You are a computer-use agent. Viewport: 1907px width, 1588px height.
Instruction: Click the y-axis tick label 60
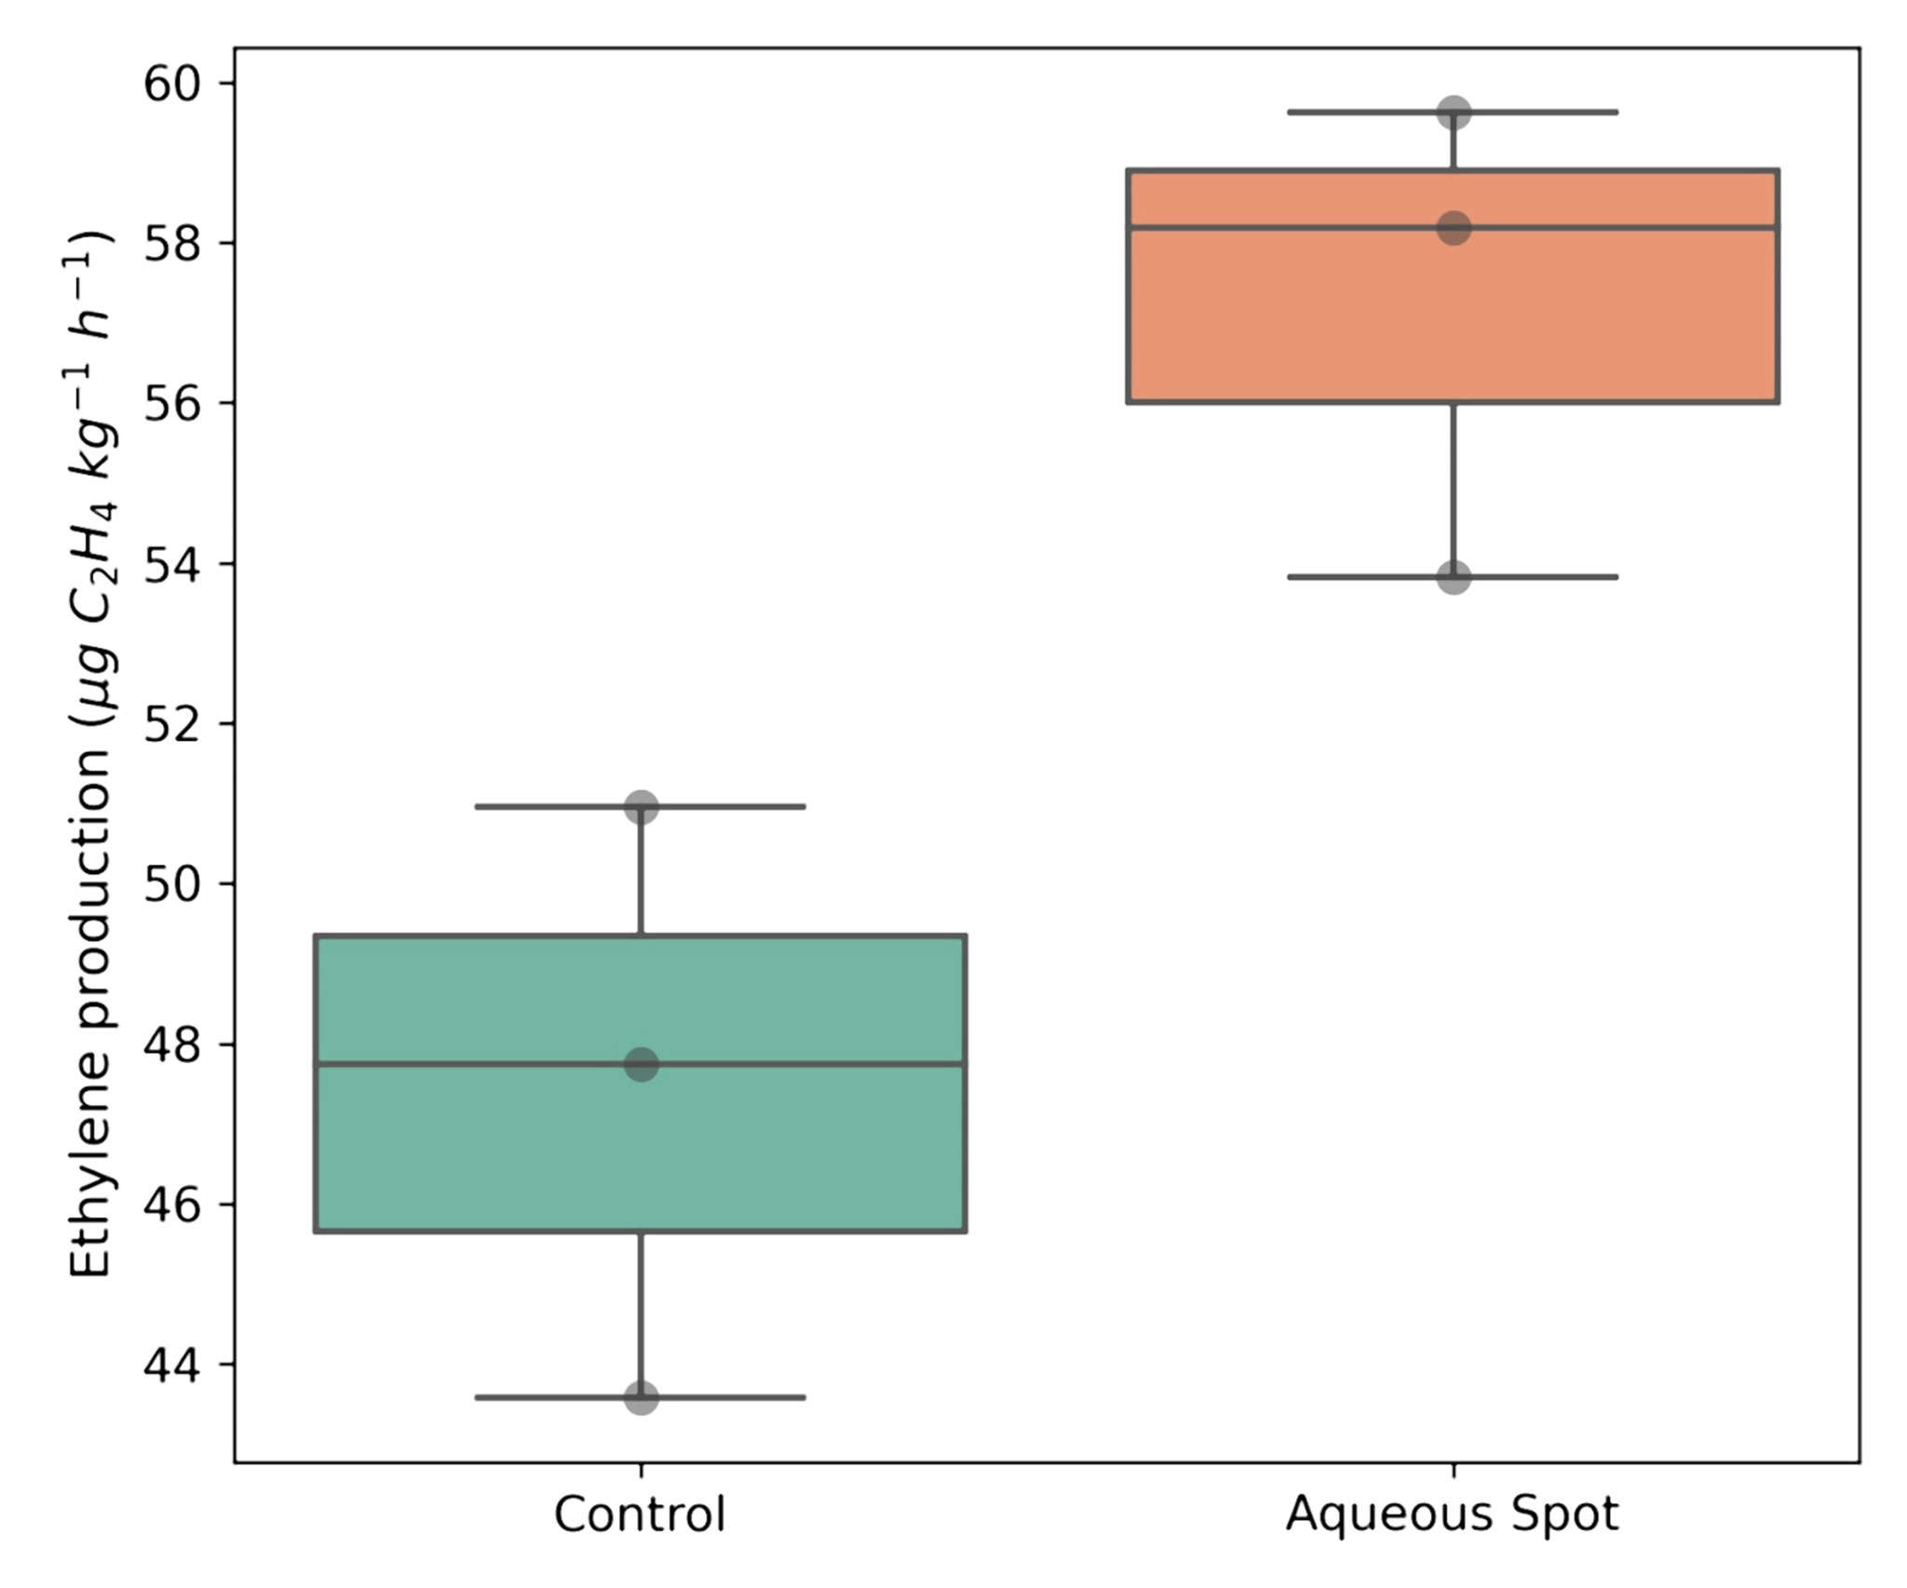[172, 84]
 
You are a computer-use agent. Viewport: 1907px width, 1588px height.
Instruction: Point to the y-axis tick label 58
[172, 244]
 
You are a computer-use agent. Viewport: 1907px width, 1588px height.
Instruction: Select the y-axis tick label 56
[172, 404]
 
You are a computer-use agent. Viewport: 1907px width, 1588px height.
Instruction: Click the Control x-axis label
[640, 1515]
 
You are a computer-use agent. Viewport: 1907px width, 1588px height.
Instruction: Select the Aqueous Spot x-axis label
[1453, 1515]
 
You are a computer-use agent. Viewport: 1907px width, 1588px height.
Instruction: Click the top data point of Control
[641, 806]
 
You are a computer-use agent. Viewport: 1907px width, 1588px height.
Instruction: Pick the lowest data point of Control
[641, 1397]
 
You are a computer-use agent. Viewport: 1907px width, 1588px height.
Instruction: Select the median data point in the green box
[641, 1064]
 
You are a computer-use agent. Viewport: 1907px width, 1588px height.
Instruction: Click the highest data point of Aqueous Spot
[1454, 113]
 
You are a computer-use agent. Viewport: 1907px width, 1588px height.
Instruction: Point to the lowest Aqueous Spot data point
[1454, 577]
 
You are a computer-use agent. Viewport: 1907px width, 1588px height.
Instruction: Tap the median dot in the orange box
[1454, 227]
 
